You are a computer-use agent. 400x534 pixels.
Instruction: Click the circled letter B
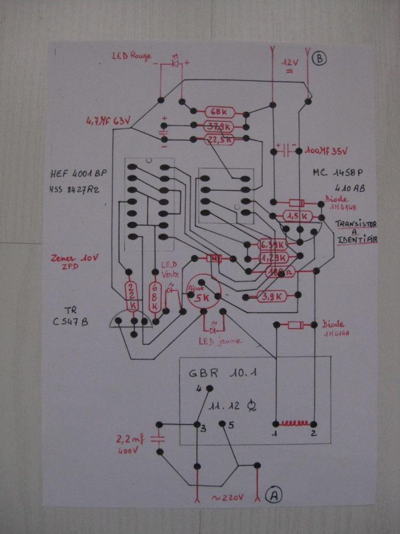(319, 59)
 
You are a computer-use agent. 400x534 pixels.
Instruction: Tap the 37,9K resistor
(219, 126)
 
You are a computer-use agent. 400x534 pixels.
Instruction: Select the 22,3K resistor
(219, 139)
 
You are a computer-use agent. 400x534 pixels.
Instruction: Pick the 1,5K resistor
(297, 216)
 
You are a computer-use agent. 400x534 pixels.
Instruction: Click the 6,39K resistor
(272, 245)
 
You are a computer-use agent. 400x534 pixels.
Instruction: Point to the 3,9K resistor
(271, 297)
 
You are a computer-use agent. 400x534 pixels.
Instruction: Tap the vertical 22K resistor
(132, 296)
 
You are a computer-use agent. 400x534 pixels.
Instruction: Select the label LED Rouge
(132, 56)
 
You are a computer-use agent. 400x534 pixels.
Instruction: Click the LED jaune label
(219, 342)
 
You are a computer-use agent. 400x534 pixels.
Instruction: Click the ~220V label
(228, 497)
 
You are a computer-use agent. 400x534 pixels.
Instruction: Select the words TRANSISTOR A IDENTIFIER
(356, 231)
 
